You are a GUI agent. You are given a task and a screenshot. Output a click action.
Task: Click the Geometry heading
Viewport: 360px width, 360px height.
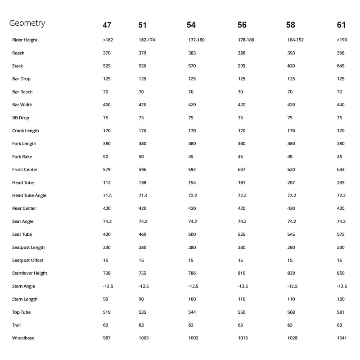tap(27, 23)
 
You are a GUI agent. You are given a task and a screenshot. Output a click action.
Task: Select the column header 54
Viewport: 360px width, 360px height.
tap(191, 25)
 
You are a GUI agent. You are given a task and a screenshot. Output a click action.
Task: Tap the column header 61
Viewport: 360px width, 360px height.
tap(341, 25)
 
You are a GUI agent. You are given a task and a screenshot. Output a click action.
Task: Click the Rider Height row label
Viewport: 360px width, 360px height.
tap(25, 40)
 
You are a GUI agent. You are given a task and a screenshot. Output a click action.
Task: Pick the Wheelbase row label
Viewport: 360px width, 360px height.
tap(23, 338)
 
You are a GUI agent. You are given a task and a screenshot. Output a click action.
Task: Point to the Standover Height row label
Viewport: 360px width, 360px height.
tap(30, 273)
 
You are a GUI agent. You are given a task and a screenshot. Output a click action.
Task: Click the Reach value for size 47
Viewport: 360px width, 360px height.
tap(107, 53)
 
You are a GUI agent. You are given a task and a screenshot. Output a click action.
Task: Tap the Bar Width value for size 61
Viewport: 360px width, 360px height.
tap(341, 105)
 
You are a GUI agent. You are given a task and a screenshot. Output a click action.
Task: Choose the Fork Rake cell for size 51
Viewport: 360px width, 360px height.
tap(141, 157)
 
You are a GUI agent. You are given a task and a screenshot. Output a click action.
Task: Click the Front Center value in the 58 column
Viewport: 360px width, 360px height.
tap(291, 170)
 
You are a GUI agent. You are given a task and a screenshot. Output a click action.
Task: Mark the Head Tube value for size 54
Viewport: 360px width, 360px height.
tap(192, 183)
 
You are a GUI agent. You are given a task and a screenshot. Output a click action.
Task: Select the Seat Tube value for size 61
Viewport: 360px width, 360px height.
tap(341, 234)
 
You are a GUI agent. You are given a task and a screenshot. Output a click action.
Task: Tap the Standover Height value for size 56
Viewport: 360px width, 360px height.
tap(242, 273)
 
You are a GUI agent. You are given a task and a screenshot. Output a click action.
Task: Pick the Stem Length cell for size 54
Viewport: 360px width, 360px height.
tap(192, 299)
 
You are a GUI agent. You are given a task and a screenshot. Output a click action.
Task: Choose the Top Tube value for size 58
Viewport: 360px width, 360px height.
tap(291, 312)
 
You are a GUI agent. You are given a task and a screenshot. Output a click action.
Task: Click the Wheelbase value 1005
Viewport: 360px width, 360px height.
tap(144, 338)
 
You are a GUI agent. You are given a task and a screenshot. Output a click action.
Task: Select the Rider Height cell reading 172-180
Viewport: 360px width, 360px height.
tap(196, 40)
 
